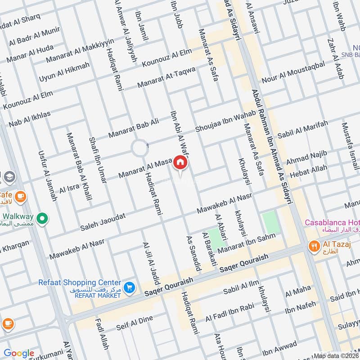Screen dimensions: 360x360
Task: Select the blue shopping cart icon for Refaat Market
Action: pos(130,287)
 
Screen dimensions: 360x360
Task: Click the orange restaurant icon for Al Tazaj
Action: pos(314,246)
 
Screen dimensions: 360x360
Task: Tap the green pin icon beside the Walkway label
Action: pos(42,219)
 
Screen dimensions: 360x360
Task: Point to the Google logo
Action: pos(18,353)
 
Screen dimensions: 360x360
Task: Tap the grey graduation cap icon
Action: pos(8,177)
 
